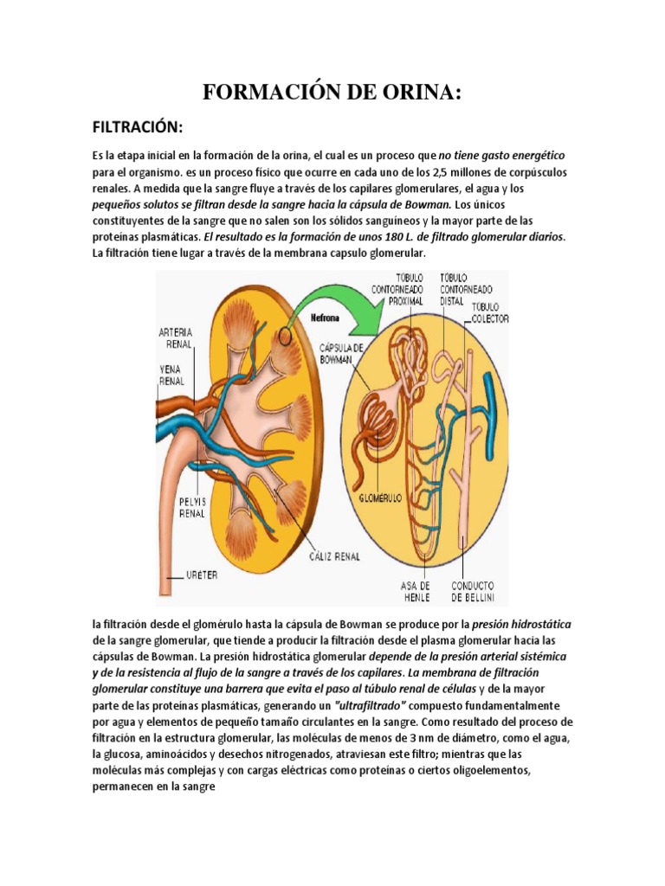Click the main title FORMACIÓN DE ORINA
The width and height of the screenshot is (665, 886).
point(332,93)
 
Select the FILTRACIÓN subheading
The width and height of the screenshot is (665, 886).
point(138,127)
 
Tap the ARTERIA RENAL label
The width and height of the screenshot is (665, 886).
point(176,337)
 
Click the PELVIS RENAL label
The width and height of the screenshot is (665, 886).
point(192,506)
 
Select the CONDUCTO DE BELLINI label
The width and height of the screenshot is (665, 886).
point(473,591)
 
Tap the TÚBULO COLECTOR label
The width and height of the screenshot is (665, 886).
point(489,312)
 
